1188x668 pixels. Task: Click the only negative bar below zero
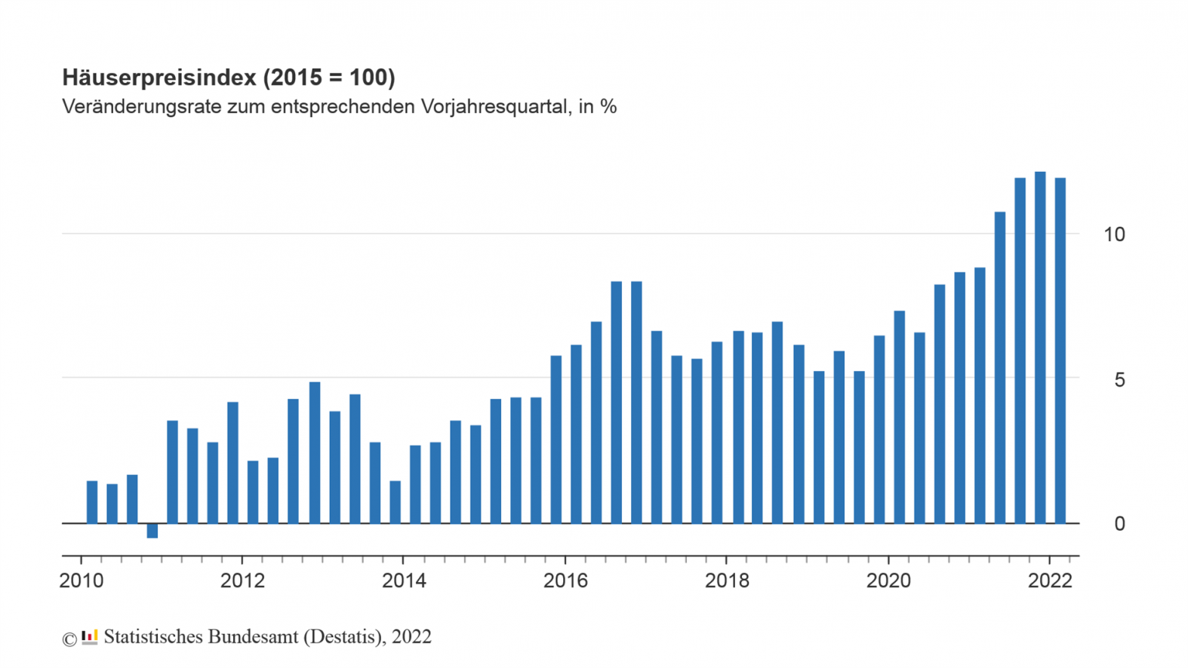click(152, 531)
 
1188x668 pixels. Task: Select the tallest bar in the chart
click(1040, 347)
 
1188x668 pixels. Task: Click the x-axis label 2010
click(81, 581)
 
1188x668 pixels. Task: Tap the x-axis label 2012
click(242, 581)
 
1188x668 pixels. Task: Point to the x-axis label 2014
click(404, 581)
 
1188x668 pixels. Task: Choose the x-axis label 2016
click(565, 581)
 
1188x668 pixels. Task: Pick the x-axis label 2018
click(727, 581)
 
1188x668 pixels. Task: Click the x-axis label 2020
click(888, 581)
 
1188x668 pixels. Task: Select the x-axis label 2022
click(1050, 581)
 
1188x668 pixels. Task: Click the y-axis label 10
click(1113, 234)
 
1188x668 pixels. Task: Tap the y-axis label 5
click(1119, 379)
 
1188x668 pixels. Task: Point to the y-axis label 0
click(1119, 524)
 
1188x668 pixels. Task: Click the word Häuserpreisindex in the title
click(159, 78)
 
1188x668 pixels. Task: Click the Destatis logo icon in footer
click(90, 637)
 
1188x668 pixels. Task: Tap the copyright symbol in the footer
click(69, 639)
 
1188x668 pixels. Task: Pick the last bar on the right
click(1060, 351)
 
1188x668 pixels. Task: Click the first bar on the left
click(92, 502)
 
